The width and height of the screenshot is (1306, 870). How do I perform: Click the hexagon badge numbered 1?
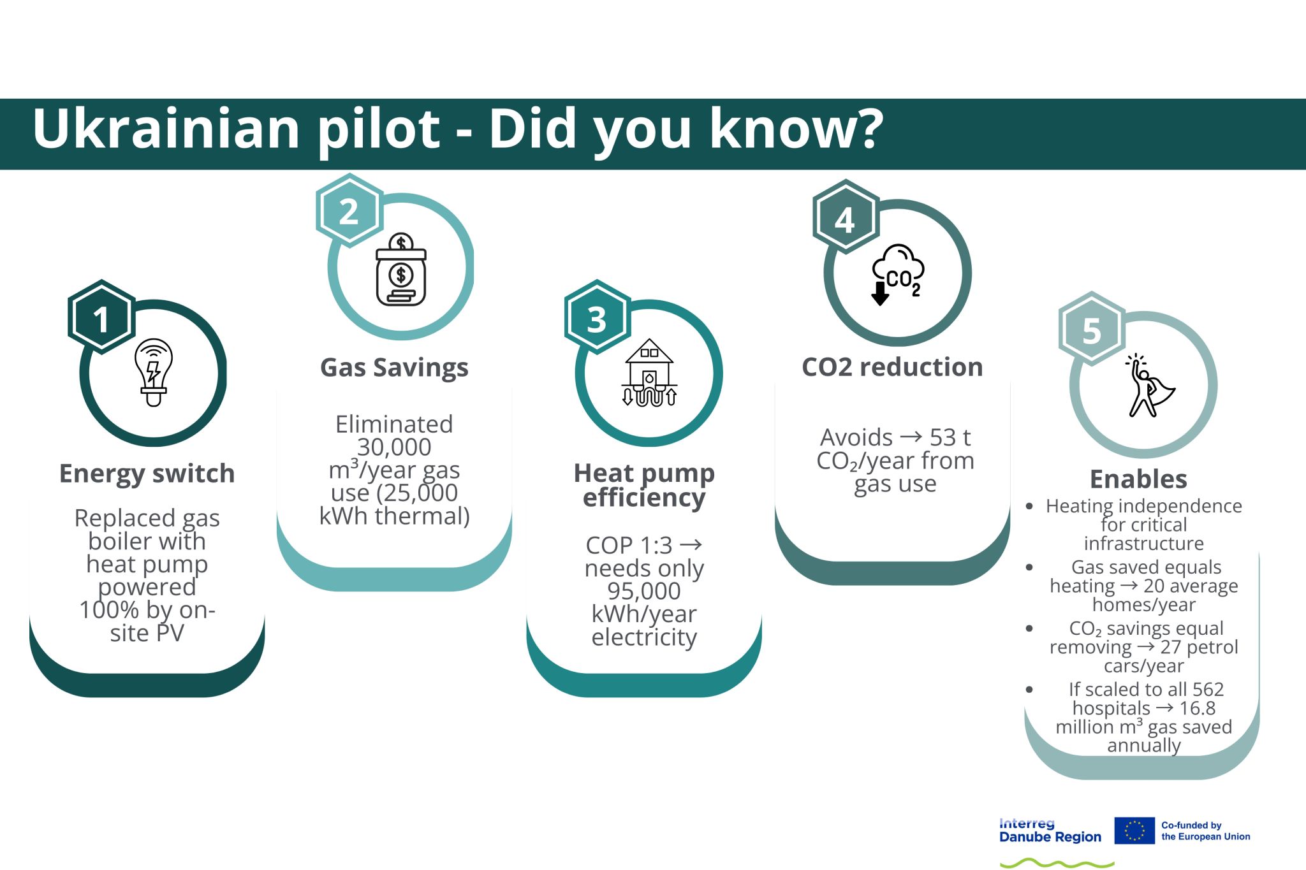coord(101,317)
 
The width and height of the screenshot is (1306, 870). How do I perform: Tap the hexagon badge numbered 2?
coord(349,211)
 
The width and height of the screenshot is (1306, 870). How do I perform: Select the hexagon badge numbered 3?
coord(597,317)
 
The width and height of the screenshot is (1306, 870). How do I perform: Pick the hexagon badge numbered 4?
coord(846,217)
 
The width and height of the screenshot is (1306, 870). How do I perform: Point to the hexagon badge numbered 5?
coord(1092,329)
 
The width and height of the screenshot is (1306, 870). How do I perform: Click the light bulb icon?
coord(153,372)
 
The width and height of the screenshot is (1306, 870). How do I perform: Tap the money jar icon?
coord(401,270)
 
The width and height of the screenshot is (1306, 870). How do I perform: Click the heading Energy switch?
coord(147,474)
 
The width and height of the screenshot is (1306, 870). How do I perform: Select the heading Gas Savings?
coord(394,368)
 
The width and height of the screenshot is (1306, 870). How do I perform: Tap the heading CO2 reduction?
coord(892,367)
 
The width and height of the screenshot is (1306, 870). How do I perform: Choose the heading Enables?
coord(1138,479)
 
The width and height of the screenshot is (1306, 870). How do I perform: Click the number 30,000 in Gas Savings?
coord(394,447)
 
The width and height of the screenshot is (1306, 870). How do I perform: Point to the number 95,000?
coord(644,591)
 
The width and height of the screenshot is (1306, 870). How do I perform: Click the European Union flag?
coord(1134,830)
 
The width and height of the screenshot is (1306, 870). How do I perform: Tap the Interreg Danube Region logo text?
coord(1050,830)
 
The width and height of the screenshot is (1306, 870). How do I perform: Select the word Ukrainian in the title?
coord(166,128)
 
